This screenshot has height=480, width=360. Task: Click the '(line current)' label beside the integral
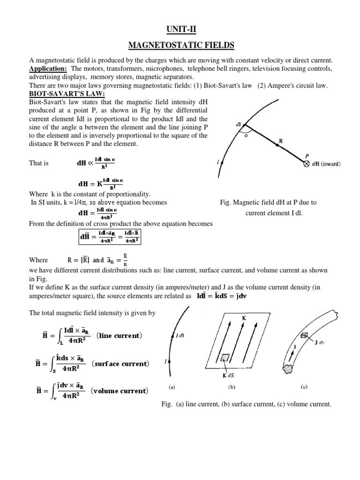tap(119, 336)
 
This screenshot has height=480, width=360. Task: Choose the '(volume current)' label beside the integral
tap(120, 390)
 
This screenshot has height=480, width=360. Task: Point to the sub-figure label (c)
tap(304, 388)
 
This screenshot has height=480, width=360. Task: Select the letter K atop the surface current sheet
tap(244, 318)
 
